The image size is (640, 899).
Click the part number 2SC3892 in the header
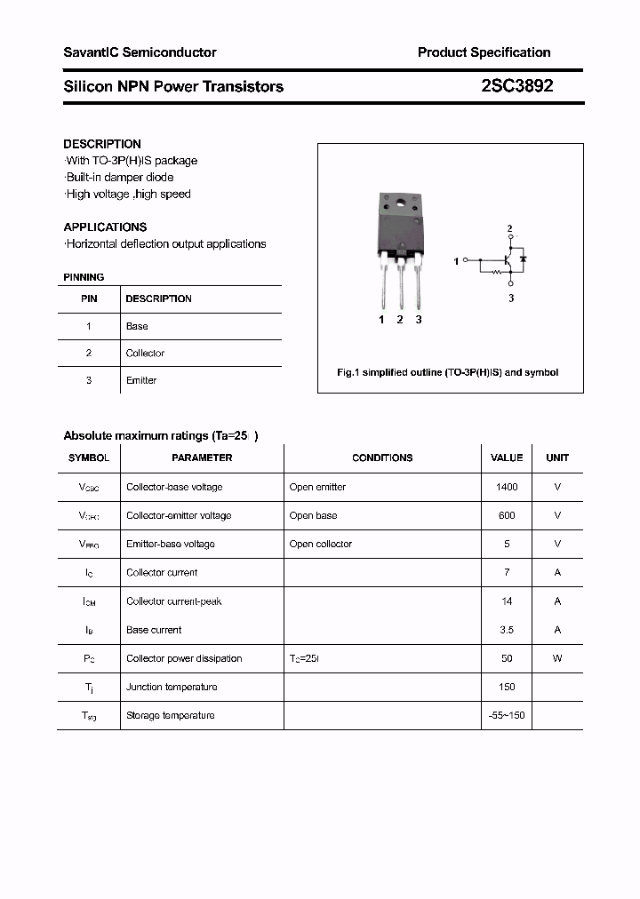516,86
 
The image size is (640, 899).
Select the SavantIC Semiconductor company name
140,52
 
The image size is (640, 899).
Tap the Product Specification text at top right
484,52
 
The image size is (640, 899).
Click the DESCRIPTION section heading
102,144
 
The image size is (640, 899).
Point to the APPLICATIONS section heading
105,227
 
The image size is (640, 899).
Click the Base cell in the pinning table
137,326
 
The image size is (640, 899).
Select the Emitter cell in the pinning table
141,380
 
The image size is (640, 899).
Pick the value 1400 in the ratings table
507,487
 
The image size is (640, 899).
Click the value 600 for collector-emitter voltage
507,515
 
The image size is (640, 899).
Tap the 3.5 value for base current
507,630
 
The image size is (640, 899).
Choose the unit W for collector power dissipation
557,658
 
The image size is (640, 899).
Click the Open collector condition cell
320,544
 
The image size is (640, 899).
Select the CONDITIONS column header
382,457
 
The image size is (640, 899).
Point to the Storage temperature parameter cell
170,715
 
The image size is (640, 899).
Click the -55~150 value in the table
507,715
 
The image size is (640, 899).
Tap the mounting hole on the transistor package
400,206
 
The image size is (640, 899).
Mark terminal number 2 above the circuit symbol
509,229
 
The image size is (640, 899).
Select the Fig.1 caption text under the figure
447,372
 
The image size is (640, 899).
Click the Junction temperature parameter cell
172,687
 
